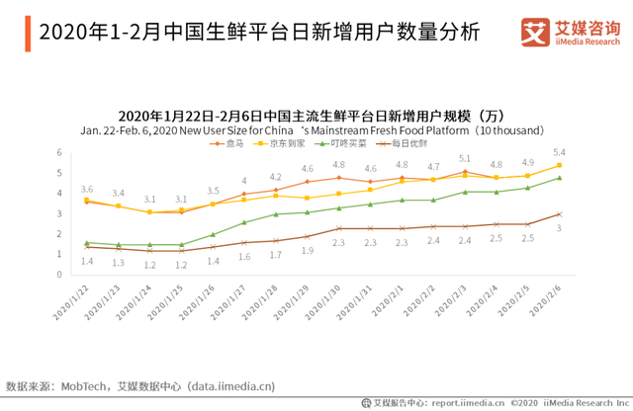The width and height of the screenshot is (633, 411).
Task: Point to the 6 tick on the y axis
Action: [59, 153]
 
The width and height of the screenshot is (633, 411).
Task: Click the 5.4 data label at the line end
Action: [559, 152]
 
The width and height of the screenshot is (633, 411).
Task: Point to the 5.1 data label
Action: [465, 159]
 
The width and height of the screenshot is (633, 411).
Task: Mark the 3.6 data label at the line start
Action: [87, 189]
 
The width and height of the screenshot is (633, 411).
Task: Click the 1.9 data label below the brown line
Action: [308, 251]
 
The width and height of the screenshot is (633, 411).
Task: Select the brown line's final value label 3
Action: [560, 228]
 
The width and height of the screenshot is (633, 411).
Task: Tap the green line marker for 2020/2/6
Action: [560, 178]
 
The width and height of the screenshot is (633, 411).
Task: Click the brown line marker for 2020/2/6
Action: [560, 213]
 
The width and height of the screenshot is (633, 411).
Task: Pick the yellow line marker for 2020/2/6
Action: [560, 165]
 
